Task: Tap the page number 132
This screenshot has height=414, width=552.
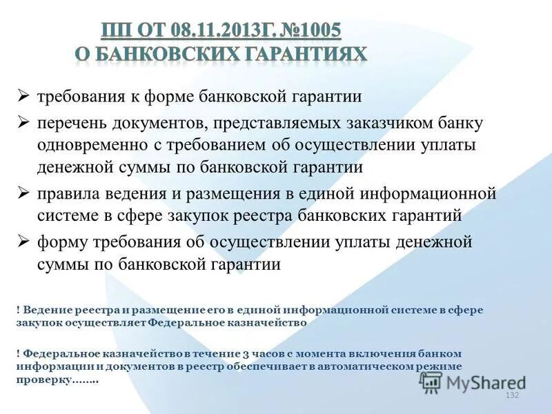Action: pyautogui.click(x=512, y=395)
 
